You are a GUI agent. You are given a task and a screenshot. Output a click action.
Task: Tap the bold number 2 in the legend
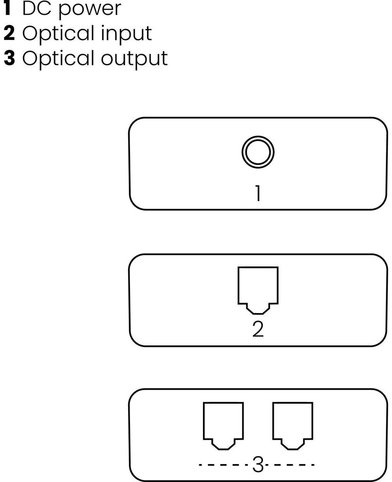[x=9, y=33]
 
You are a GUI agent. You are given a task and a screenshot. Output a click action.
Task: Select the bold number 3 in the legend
[x=9, y=58]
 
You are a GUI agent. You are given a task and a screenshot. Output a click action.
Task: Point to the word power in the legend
[x=90, y=9]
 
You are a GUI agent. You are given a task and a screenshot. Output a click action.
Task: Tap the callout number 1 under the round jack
[x=258, y=193]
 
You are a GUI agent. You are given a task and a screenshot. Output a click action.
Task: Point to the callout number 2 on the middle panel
[x=258, y=329]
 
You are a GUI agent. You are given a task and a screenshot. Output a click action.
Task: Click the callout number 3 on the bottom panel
[x=258, y=465]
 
